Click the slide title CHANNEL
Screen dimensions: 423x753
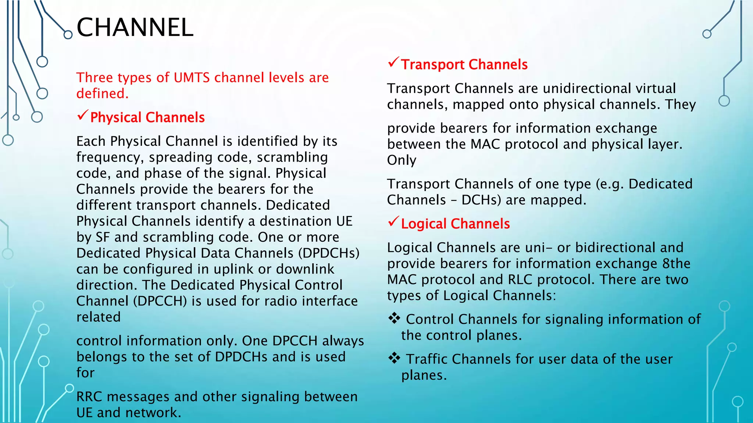pos(135,28)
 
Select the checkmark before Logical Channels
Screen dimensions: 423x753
pos(393,221)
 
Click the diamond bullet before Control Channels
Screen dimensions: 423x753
pos(394,318)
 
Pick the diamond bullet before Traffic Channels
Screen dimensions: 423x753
pos(394,358)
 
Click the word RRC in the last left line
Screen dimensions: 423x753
pos(89,397)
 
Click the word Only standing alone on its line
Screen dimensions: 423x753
pos(402,160)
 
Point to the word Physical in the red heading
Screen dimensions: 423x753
pos(116,117)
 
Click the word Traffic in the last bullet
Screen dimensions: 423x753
pos(427,359)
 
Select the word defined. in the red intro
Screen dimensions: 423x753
pos(103,94)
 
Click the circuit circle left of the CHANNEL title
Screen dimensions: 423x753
pos(68,35)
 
